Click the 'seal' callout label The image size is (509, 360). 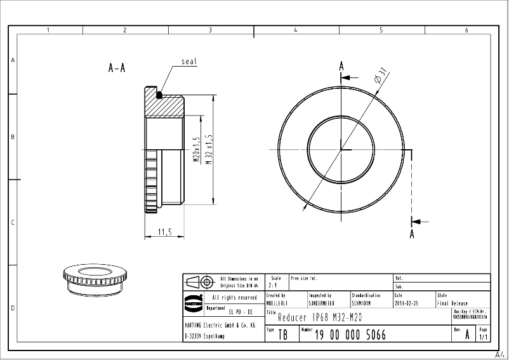click(x=189, y=62)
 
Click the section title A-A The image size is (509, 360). click(x=117, y=68)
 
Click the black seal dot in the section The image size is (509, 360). click(x=159, y=95)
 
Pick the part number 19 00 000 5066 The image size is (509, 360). click(x=350, y=335)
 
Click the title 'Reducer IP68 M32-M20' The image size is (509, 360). click(x=323, y=317)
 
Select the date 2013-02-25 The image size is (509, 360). click(x=406, y=303)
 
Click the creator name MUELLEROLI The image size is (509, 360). click(x=277, y=303)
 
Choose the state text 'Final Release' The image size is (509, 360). click(x=453, y=303)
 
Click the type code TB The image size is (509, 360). click(x=283, y=335)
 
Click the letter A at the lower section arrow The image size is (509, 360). click(x=412, y=234)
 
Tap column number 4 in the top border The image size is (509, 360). click(x=295, y=30)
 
